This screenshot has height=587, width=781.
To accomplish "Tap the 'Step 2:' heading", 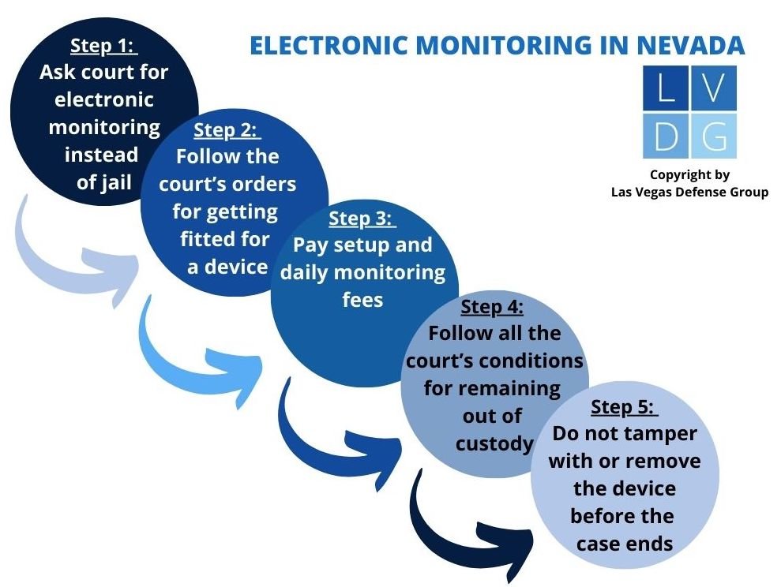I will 227,129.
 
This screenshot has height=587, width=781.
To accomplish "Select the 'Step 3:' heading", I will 362,218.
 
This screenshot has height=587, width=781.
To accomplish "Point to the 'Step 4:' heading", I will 492,307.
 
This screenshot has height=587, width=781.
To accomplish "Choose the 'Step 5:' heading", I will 624,407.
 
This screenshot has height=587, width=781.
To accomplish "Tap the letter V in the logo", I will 714,88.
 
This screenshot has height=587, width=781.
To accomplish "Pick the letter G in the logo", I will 714,136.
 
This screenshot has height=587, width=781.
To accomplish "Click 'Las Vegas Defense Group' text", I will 689,192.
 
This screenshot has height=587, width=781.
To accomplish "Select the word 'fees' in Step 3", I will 362,301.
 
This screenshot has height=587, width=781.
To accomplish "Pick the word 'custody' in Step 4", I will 494,443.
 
